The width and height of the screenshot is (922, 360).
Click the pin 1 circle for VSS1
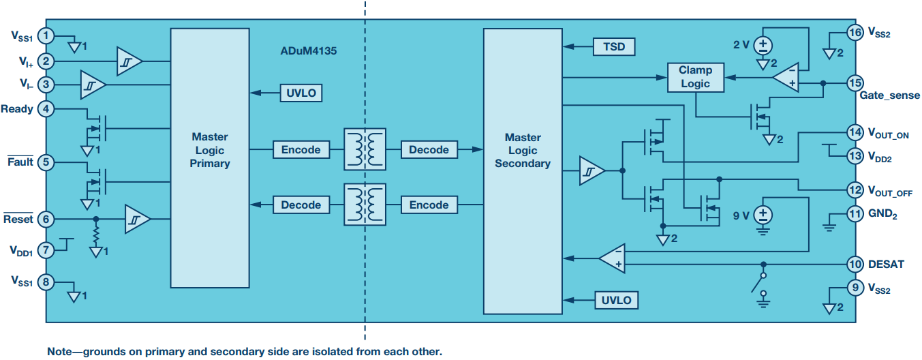click(46, 35)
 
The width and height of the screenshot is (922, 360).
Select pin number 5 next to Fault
click(46, 162)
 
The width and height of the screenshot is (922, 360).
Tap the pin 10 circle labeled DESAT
click(855, 264)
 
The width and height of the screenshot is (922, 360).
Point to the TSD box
click(614, 46)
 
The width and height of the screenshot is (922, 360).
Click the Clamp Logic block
click(695, 77)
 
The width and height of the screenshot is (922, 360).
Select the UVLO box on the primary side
click(300, 93)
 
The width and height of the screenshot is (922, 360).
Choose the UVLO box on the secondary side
click(617, 300)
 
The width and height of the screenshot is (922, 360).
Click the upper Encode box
click(301, 149)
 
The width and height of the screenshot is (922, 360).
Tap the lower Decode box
click(301, 205)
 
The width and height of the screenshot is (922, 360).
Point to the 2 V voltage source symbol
click(763, 46)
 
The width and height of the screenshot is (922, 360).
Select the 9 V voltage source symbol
click(763, 215)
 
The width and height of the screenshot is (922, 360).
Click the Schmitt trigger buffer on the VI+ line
click(129, 61)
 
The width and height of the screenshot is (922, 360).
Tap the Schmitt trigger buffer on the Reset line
click(137, 219)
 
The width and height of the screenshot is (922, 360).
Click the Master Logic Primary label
click(209, 150)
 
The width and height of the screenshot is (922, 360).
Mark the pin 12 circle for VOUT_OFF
click(855, 190)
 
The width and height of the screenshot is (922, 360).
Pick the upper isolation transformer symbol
click(365, 149)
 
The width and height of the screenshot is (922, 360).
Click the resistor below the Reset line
click(96, 235)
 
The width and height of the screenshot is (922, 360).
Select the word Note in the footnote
click(60, 352)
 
